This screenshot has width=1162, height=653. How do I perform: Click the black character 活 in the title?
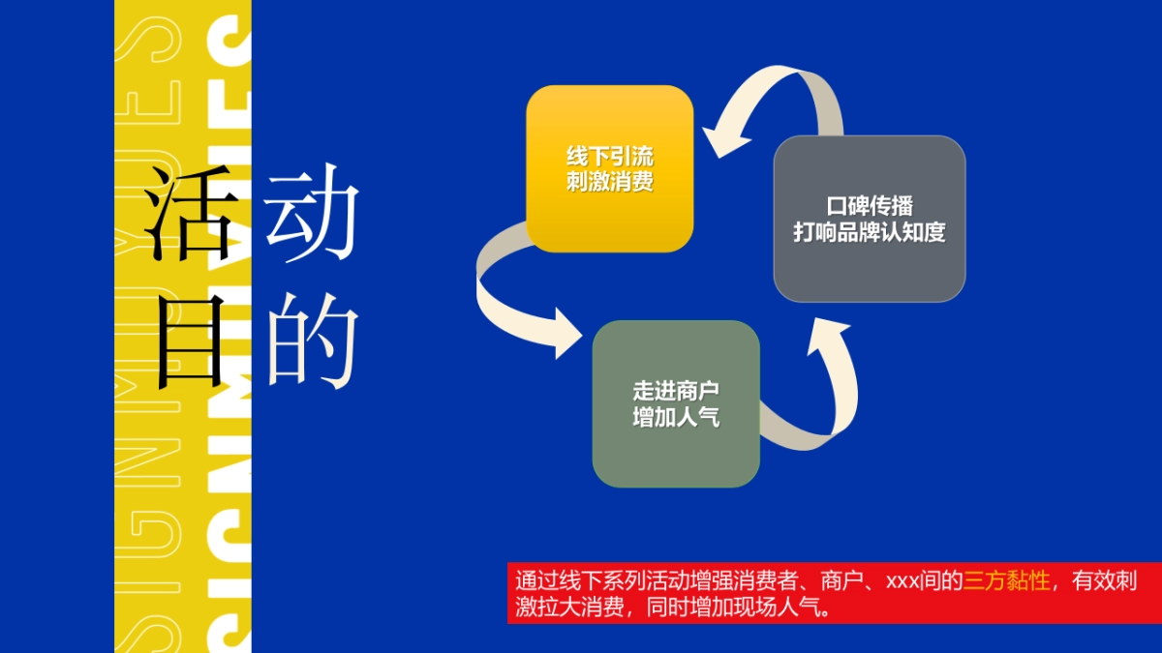coord(189,215)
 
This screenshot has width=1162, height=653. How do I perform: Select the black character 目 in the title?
coord(189,341)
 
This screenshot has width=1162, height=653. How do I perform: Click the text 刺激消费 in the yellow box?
coord(610,181)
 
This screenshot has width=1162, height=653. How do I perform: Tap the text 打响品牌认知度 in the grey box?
coord(869,233)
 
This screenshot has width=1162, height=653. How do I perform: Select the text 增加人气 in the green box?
coord(676,418)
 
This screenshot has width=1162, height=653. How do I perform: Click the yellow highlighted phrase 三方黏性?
coord(1006,581)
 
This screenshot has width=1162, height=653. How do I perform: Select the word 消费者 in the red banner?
coord(767,581)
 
